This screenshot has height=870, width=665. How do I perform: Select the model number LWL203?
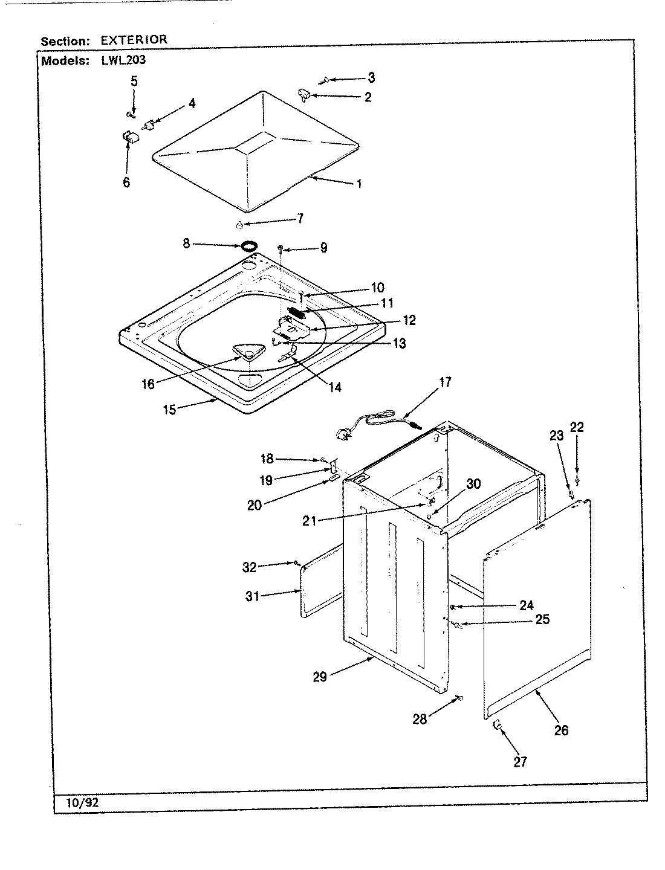(x=120, y=60)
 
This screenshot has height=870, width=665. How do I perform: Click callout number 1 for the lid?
(x=359, y=184)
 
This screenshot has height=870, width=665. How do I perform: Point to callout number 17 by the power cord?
(x=445, y=382)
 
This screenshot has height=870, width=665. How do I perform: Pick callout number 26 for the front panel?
(x=561, y=730)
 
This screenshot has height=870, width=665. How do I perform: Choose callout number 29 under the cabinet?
(x=319, y=677)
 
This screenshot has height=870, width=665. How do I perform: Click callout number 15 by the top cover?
(x=169, y=410)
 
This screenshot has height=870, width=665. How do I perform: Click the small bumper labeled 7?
(x=239, y=225)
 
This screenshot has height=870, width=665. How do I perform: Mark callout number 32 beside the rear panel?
(x=249, y=567)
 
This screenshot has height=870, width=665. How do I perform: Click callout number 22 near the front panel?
(x=577, y=427)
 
